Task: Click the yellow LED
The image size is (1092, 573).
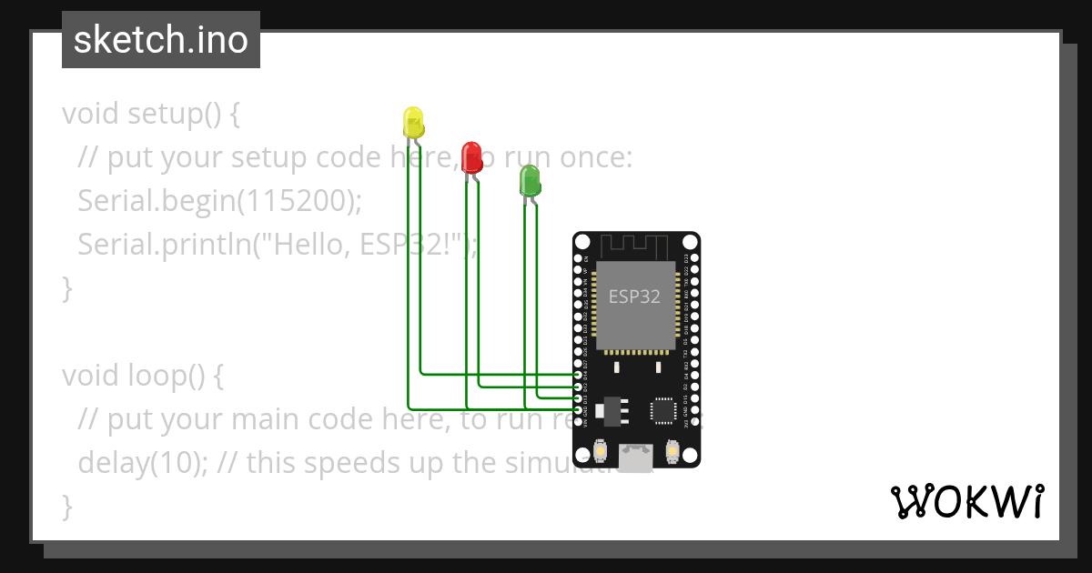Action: tap(412, 122)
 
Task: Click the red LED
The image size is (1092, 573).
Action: tap(470, 156)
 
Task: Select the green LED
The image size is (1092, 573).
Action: tap(529, 180)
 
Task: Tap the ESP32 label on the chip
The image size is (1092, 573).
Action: tap(634, 297)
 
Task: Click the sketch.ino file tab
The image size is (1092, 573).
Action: tap(161, 40)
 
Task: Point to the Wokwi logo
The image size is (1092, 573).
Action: tap(966, 501)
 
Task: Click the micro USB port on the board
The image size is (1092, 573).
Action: tap(636, 457)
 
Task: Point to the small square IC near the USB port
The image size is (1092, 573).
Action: tap(662, 411)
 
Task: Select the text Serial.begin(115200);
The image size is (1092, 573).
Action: tap(219, 200)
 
